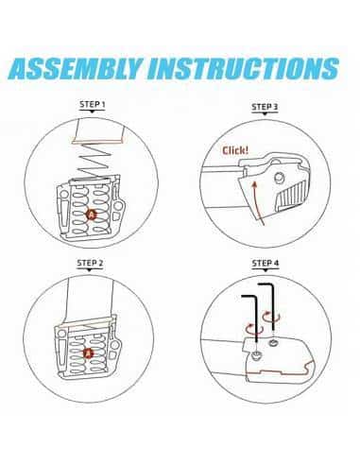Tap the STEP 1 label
coord(91,106)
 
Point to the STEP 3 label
coord(267,107)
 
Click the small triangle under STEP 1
coord(91,115)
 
